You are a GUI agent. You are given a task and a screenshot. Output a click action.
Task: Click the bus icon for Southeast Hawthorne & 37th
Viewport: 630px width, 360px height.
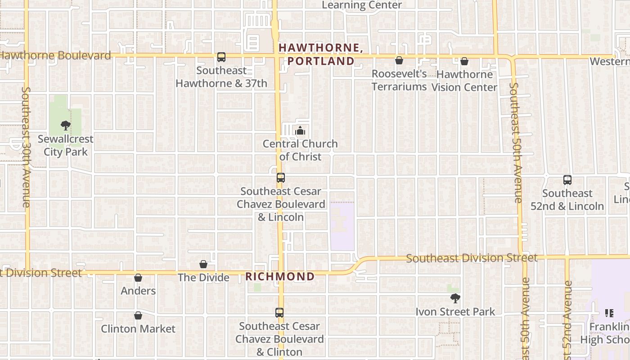pyautogui.click(x=221, y=57)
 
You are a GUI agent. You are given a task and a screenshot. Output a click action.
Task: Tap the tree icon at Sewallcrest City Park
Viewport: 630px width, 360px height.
pyautogui.click(x=66, y=126)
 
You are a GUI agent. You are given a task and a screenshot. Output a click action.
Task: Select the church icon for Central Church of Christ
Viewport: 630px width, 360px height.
pyautogui.click(x=300, y=131)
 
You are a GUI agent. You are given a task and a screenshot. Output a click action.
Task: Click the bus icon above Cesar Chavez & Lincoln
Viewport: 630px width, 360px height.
pyautogui.click(x=281, y=178)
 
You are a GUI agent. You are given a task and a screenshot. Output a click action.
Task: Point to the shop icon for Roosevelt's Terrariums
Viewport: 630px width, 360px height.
pyautogui.click(x=399, y=60)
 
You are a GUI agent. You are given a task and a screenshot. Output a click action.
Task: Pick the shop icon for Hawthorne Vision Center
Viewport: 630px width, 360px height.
pyautogui.click(x=464, y=61)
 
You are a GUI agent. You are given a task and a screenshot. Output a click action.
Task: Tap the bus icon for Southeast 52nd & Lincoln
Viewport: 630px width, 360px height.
pyautogui.click(x=567, y=180)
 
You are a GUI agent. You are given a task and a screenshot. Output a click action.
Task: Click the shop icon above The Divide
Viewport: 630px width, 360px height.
pyautogui.click(x=203, y=264)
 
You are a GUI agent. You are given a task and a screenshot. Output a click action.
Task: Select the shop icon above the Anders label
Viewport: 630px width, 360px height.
pyautogui.click(x=138, y=278)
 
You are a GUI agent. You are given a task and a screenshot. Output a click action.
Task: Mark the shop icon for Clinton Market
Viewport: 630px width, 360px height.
pyautogui.click(x=138, y=315)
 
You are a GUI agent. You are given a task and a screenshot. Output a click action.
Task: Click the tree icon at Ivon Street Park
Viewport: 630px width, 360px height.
pyautogui.click(x=455, y=298)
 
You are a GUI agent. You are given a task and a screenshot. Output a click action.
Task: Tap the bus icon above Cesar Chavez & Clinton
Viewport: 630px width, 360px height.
pyautogui.click(x=279, y=313)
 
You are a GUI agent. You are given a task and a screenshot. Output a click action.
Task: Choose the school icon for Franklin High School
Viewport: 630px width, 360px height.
pyautogui.click(x=609, y=313)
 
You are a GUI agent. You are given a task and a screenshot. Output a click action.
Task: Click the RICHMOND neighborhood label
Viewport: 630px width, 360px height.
pyautogui.click(x=280, y=277)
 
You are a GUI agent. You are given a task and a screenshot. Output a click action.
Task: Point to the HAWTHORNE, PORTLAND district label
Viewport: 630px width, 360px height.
pyautogui.click(x=321, y=54)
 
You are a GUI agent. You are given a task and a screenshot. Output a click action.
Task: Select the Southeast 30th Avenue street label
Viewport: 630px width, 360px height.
pyautogui.click(x=25, y=147)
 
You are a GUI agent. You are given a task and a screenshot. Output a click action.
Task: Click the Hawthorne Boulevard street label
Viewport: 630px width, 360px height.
pyautogui.click(x=55, y=56)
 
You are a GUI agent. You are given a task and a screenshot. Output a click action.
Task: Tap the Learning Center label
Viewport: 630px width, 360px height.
pyautogui.click(x=362, y=5)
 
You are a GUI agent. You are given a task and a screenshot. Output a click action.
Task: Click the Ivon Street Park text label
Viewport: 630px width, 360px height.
pyautogui.click(x=455, y=312)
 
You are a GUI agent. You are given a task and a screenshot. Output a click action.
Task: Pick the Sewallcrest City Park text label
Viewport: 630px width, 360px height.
pyautogui.click(x=66, y=145)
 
